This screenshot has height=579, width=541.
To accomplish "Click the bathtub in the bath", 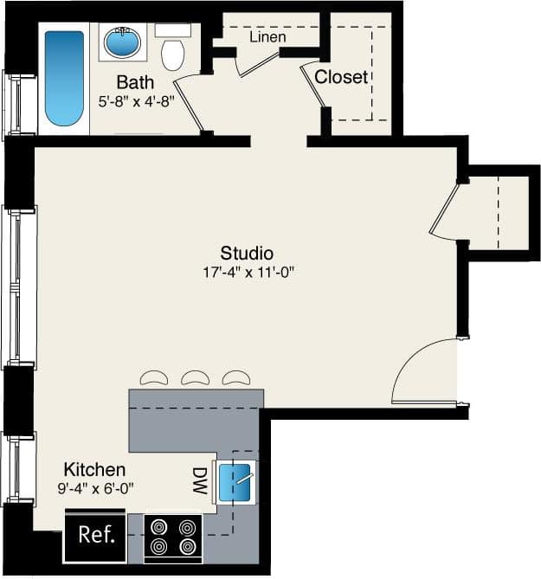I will click(x=64, y=79).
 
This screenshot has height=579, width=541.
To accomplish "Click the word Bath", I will click(x=135, y=83).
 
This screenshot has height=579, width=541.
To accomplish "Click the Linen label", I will click(x=267, y=38).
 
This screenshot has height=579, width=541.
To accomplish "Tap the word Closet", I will click(x=340, y=77).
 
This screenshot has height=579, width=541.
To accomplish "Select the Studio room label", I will click(x=247, y=254).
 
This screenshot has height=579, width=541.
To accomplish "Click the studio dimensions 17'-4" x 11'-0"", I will click(x=247, y=272).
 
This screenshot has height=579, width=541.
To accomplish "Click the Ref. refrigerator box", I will click(x=95, y=535).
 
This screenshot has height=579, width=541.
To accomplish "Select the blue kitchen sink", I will click(x=235, y=481).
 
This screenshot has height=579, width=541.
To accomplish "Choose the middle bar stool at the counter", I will click(x=195, y=378).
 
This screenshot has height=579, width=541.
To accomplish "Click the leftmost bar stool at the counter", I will click(x=154, y=378).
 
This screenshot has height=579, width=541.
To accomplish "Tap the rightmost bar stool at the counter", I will click(x=235, y=378).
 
